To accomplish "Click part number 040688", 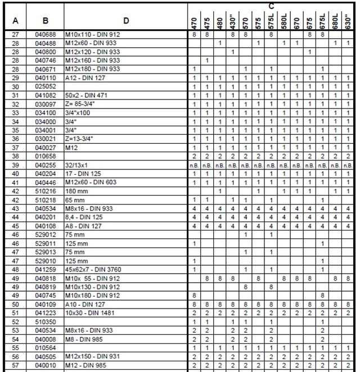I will coord(45,35).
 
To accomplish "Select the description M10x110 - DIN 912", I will coord(92,35).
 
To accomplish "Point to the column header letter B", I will coord(45,21).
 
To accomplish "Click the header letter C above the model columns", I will coord(271,6).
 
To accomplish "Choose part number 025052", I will coord(45,86).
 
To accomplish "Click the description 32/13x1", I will coord(78,166).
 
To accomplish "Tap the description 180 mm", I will coord(76,191).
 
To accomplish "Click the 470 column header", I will coord(193,22).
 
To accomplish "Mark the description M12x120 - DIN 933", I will coord(92,52).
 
